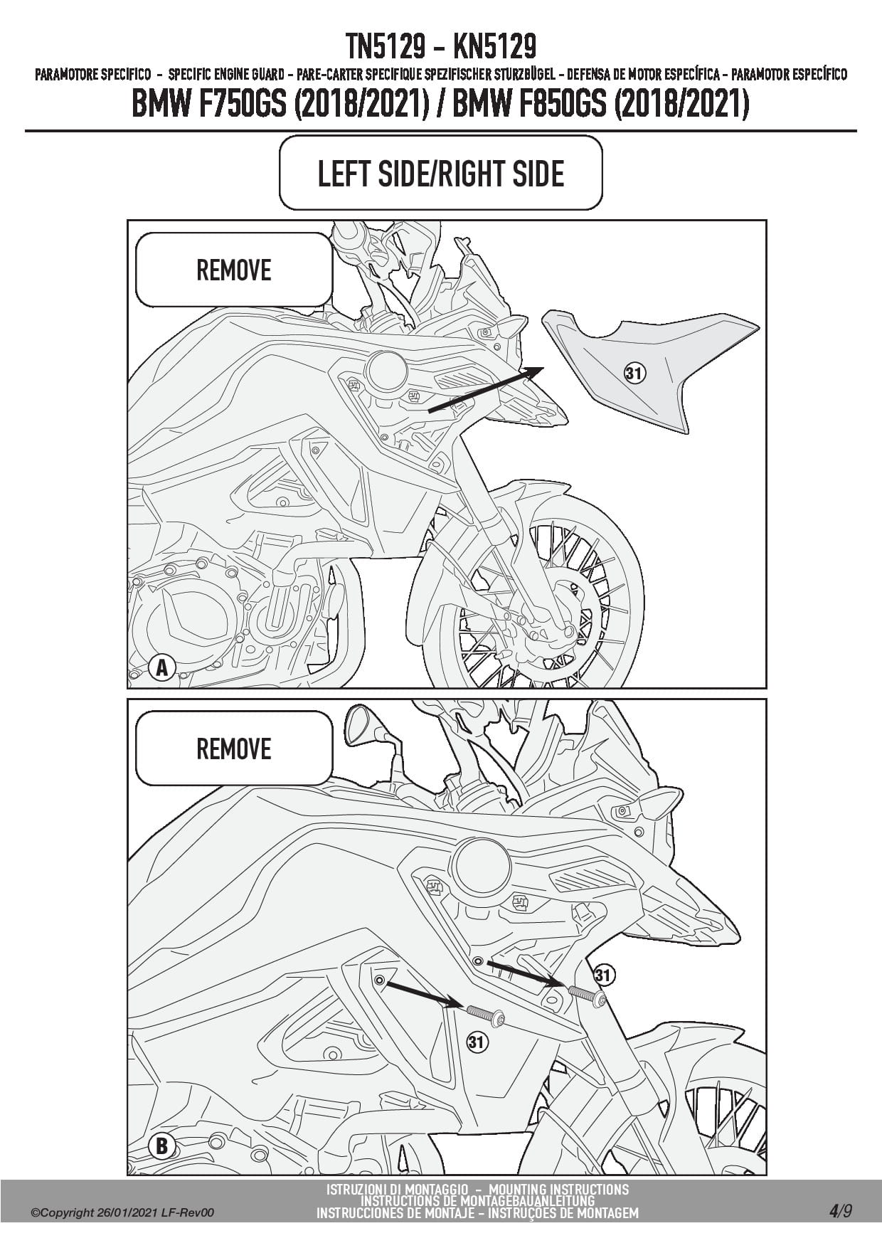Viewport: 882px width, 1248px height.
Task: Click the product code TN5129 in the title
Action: tap(387, 47)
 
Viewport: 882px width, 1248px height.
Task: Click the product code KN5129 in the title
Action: tap(494, 47)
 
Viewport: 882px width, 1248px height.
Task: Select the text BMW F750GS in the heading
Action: tap(209, 105)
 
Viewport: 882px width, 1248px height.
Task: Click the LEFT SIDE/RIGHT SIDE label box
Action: tap(441, 173)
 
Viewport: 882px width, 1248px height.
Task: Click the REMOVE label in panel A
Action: tap(233, 270)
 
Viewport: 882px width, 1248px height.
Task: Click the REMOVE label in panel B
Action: tap(233, 749)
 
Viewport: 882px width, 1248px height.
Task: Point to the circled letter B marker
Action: tap(161, 1146)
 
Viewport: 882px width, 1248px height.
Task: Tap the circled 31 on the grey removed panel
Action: tap(634, 372)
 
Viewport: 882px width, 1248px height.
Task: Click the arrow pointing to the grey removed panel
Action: tap(486, 389)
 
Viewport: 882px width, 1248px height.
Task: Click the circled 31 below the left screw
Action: tap(477, 1042)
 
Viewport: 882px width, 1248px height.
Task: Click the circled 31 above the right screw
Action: tap(604, 975)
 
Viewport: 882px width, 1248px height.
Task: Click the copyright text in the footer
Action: tap(122, 1213)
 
